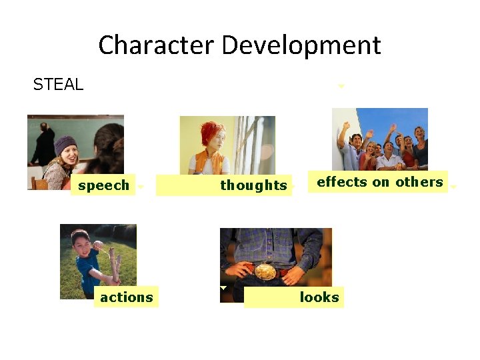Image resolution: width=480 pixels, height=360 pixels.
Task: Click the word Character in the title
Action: coord(157,46)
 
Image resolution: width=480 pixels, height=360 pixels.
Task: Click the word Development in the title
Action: coord(301,46)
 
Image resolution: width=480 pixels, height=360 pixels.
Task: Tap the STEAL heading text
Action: coord(58,85)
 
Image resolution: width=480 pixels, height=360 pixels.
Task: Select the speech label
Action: coord(103,185)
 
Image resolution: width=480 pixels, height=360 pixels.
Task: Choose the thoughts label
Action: coord(253,186)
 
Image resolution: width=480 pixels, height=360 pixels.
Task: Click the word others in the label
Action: coord(419,182)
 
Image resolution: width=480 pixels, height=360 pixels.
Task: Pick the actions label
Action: coord(126,297)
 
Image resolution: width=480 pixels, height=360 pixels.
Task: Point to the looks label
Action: coord(319,297)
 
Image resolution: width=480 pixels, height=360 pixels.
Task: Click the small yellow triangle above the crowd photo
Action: coord(341,86)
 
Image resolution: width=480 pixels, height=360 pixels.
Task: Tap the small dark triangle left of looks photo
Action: coord(223,288)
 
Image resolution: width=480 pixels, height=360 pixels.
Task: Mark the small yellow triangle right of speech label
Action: coord(140,187)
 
